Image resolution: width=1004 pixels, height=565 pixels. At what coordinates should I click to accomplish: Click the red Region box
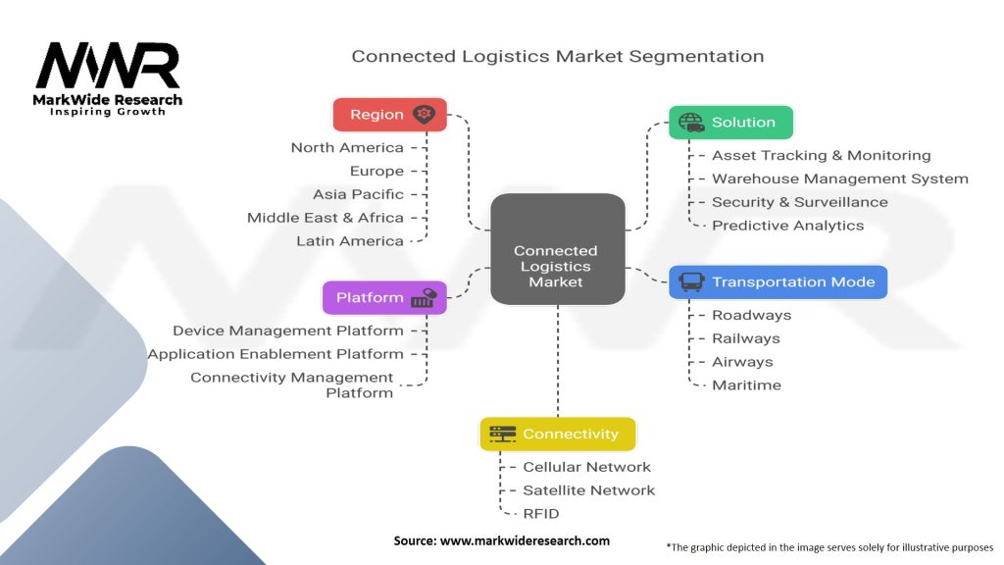tap(389, 115)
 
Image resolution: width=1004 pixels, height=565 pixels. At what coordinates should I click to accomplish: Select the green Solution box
tap(730, 123)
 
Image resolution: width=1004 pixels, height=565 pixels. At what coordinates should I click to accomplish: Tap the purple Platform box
tap(384, 298)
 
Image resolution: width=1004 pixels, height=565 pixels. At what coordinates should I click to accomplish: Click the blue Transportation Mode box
tap(778, 282)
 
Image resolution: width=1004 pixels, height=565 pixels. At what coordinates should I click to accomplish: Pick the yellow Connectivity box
tap(557, 434)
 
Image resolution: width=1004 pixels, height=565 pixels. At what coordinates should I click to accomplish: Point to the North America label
tap(347, 148)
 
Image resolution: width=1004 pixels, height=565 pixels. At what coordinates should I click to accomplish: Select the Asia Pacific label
tap(358, 194)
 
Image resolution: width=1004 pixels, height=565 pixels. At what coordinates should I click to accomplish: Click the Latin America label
tap(350, 241)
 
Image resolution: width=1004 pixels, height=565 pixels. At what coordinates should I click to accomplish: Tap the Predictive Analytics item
tap(788, 226)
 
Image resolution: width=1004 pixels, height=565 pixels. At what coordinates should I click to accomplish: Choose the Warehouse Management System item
tap(839, 179)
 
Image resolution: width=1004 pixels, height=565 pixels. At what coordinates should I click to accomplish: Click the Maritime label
tap(746, 385)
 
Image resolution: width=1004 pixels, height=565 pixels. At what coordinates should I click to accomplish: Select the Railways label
tap(746, 338)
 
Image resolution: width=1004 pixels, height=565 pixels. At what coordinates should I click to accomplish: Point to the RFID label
tap(541, 514)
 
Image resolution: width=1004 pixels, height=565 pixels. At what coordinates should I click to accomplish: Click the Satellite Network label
tap(588, 490)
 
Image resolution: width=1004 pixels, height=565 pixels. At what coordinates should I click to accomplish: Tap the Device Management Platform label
tap(288, 332)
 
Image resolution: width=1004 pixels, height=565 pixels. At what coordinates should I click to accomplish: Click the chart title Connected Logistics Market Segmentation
tap(557, 56)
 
